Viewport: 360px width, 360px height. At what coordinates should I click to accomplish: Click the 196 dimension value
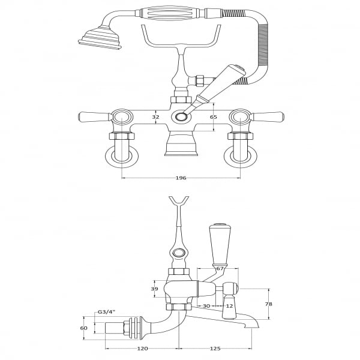click(x=181, y=178)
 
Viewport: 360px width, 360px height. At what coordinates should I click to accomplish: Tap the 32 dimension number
click(x=155, y=117)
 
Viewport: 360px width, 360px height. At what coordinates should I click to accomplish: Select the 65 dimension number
click(x=214, y=117)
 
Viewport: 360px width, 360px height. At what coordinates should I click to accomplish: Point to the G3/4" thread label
click(x=107, y=312)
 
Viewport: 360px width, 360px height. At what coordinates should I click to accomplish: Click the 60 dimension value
click(x=84, y=328)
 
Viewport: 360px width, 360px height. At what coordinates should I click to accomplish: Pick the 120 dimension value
click(x=142, y=349)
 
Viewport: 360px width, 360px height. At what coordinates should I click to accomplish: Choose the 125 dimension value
click(x=215, y=349)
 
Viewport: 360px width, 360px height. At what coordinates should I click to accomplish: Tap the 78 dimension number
click(x=269, y=304)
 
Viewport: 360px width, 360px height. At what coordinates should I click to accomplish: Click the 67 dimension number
click(x=220, y=268)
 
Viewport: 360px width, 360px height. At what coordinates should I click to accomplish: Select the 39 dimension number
click(x=155, y=289)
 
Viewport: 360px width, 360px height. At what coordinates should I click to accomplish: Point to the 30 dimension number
click(x=206, y=306)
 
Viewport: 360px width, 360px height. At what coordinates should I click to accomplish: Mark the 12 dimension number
click(x=229, y=306)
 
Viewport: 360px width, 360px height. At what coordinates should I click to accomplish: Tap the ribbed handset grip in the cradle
click(x=169, y=14)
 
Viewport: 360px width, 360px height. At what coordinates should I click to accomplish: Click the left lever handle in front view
click(x=95, y=116)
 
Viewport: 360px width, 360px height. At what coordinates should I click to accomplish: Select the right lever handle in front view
click(x=268, y=116)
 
